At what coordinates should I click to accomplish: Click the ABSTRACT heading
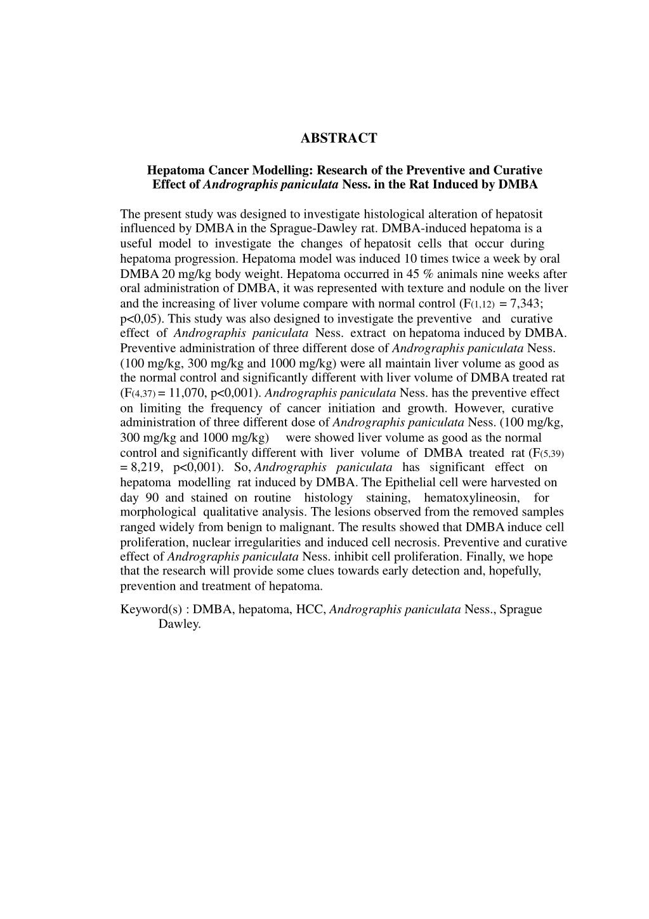pyautogui.click(x=338, y=138)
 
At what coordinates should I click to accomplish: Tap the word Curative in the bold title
pyautogui.click(x=518, y=170)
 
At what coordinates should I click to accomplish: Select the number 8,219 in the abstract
pyautogui.click(x=147, y=468)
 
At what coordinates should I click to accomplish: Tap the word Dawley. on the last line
pyautogui.click(x=180, y=624)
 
